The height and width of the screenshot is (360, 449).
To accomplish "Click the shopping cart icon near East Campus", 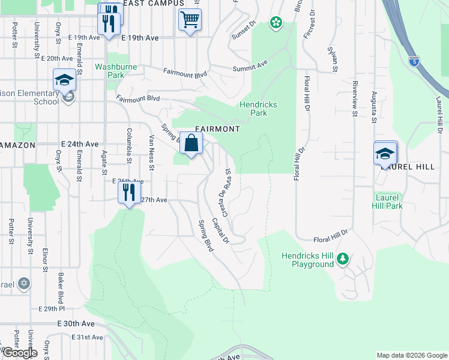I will point(190,20).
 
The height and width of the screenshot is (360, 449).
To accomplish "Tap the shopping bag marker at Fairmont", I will point(191,144).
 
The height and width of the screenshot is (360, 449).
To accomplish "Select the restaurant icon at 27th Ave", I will point(128,193).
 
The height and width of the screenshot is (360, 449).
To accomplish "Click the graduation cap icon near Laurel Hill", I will point(385,154).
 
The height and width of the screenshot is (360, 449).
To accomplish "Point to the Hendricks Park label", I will point(258,109).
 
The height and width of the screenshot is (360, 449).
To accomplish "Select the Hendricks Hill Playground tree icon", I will point(342,259).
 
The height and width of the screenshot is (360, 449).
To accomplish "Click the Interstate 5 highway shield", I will point(414,61).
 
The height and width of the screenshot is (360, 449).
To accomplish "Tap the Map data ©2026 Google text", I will point(411,355).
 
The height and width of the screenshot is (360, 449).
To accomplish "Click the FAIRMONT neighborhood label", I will point(217,129).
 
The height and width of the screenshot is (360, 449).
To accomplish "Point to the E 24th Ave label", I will point(79,145).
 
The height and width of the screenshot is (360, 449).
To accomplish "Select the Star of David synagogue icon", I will point(23,283).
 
